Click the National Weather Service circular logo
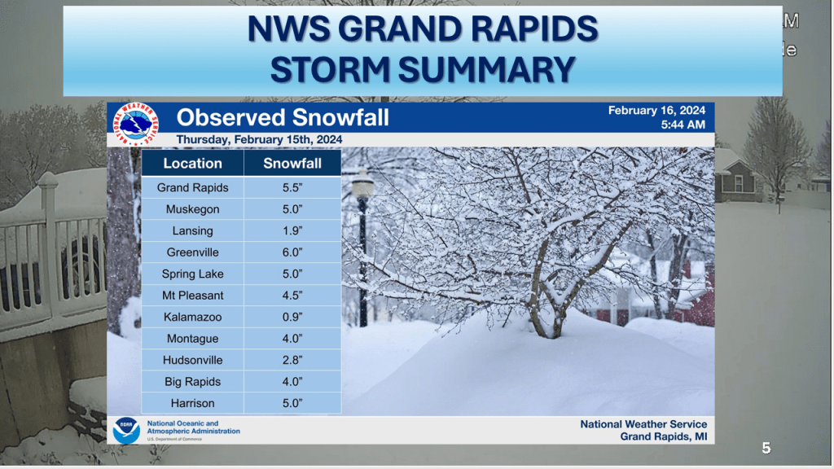coord(136,124)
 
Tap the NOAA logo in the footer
coord(126,430)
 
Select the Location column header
coord(192,163)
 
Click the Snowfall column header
coord(292,163)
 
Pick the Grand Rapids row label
coord(192,188)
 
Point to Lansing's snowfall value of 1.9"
coord(292,230)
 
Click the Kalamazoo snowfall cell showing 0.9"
coord(292,317)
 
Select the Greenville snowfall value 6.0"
coord(292,252)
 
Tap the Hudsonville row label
coord(192,360)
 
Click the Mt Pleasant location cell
coord(192,296)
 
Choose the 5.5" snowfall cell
coord(292,188)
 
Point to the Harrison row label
coord(192,403)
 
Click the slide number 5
coord(766,449)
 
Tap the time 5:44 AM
coord(683,125)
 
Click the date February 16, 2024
coord(656,111)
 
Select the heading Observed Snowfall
coord(283,117)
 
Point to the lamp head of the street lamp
coord(362,185)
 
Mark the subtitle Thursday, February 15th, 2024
coord(259,140)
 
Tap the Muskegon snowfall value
coord(292,209)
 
